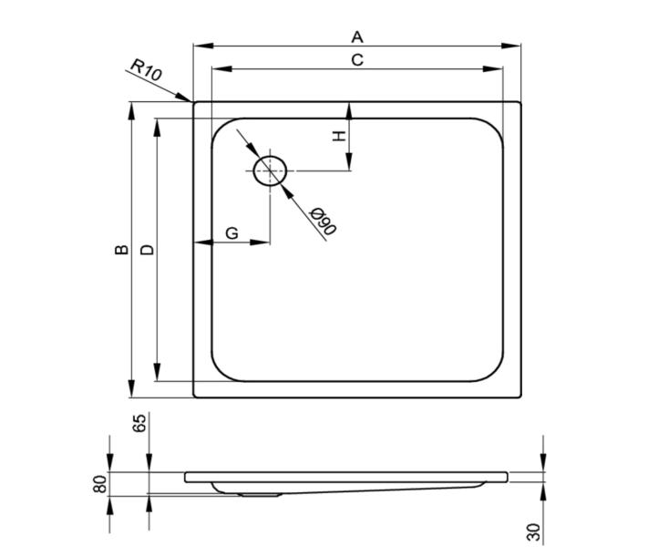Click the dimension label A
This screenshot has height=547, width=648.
tap(357, 37)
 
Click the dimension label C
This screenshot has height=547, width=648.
tap(357, 60)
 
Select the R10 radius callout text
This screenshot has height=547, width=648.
tap(147, 69)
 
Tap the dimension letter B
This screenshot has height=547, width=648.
tap(121, 250)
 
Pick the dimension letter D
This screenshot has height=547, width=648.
tap(148, 250)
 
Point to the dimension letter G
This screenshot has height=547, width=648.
tap(231, 233)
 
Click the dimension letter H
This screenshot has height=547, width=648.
tap(339, 136)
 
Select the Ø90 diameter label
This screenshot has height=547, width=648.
tap(324, 221)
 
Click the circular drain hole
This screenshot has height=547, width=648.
tap(270, 170)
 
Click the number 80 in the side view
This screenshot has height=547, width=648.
tap(100, 484)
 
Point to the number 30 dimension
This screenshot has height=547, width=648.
tap(533, 532)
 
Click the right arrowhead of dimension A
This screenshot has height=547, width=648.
tap(510, 46)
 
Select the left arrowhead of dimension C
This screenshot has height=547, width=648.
tap(221, 68)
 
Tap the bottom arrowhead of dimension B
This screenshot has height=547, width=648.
tap(131, 388)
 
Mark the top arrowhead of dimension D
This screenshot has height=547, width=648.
tap(157, 129)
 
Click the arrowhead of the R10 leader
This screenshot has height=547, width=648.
tap(184, 98)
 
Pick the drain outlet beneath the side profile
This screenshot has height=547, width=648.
tap(261, 493)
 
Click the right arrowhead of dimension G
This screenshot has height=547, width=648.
tap(261, 243)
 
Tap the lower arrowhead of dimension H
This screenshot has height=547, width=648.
tap(349, 161)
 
